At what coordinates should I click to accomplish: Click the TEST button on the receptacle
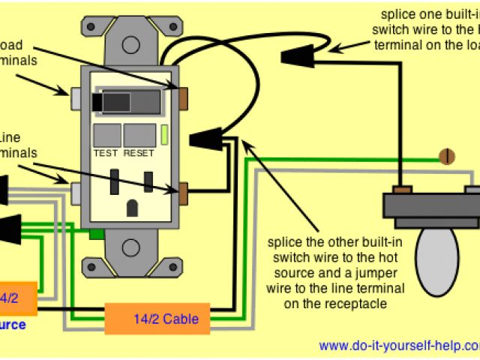coord(106,135)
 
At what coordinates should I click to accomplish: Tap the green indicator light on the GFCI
coord(164,135)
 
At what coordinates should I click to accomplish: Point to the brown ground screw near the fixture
coord(448,156)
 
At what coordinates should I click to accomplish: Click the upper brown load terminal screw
coord(183,97)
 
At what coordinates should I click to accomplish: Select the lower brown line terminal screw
coord(183,193)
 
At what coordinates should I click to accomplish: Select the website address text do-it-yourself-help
coord(398,346)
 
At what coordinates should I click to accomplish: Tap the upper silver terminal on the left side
coord(76,97)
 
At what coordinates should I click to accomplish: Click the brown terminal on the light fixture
coord(403,189)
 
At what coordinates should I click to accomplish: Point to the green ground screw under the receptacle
coord(96,234)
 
